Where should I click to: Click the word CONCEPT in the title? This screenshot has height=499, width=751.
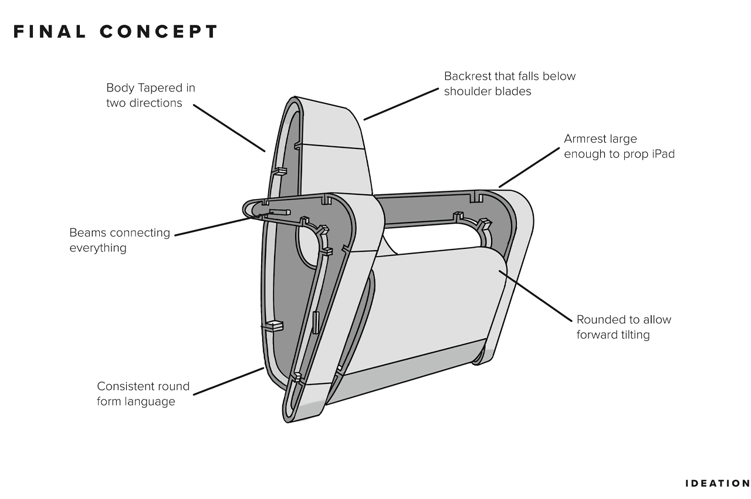(x=159, y=32)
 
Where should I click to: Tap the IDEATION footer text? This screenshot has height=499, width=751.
(x=718, y=483)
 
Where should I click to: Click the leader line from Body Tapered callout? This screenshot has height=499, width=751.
(x=229, y=128)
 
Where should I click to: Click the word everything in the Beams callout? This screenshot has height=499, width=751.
(x=98, y=248)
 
